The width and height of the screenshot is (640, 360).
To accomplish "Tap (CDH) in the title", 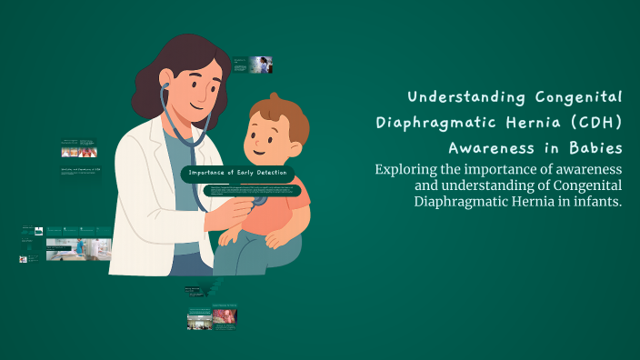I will tap(596, 122).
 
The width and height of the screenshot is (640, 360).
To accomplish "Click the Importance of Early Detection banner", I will tap(238, 173).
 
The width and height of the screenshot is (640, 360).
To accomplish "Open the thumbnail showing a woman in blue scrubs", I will tap(262, 65).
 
